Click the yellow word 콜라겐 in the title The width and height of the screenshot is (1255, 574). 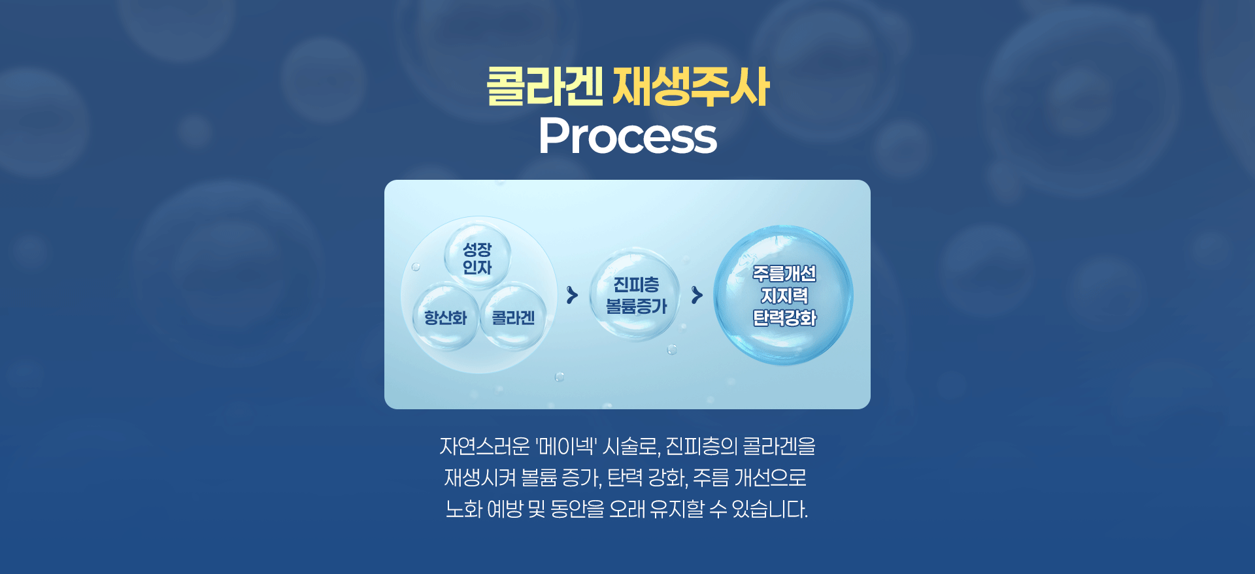[x=544, y=87]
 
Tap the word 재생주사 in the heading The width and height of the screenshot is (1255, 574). [x=691, y=87]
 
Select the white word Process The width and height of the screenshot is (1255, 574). [x=627, y=136]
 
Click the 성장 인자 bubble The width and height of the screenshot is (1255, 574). [x=477, y=258]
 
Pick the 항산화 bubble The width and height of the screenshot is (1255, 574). [x=446, y=318]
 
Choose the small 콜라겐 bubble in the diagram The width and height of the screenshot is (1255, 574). [x=513, y=318]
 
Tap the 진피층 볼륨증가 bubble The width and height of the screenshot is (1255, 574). [x=635, y=295]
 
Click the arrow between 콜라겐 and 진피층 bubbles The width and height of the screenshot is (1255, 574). [x=572, y=295]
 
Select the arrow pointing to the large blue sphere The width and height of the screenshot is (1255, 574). [x=697, y=295]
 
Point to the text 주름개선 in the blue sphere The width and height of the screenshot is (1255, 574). [x=784, y=273]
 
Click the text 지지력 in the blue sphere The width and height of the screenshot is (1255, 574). [x=784, y=295]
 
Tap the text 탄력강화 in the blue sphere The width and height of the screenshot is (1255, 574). [x=784, y=318]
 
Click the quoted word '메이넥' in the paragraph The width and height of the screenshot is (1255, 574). [x=565, y=447]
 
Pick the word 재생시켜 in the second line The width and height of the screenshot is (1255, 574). [x=480, y=478]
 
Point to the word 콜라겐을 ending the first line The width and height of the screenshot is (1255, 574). [x=779, y=447]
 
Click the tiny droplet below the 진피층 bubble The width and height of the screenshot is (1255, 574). [x=671, y=350]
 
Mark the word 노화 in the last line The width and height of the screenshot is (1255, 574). [x=463, y=509]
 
